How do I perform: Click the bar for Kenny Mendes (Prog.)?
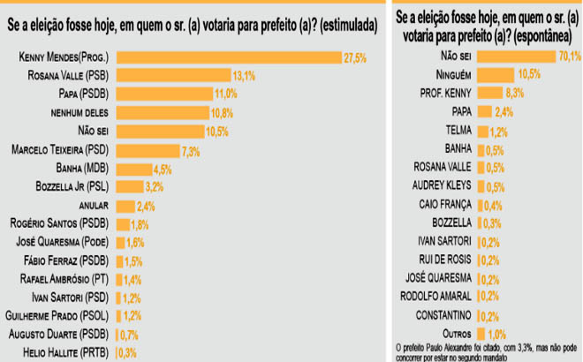[230, 57]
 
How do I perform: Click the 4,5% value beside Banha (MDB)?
[162, 168]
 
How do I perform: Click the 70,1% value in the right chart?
[570, 57]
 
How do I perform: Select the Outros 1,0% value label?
[496, 333]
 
